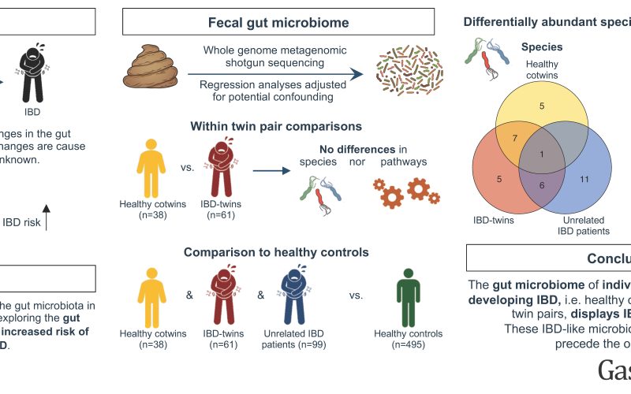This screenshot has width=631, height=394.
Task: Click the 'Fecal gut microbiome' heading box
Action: [279, 21]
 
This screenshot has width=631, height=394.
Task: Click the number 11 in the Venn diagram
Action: [584, 179]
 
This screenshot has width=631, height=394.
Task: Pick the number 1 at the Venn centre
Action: [542, 154]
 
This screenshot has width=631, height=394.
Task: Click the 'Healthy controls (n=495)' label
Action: [408, 339]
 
